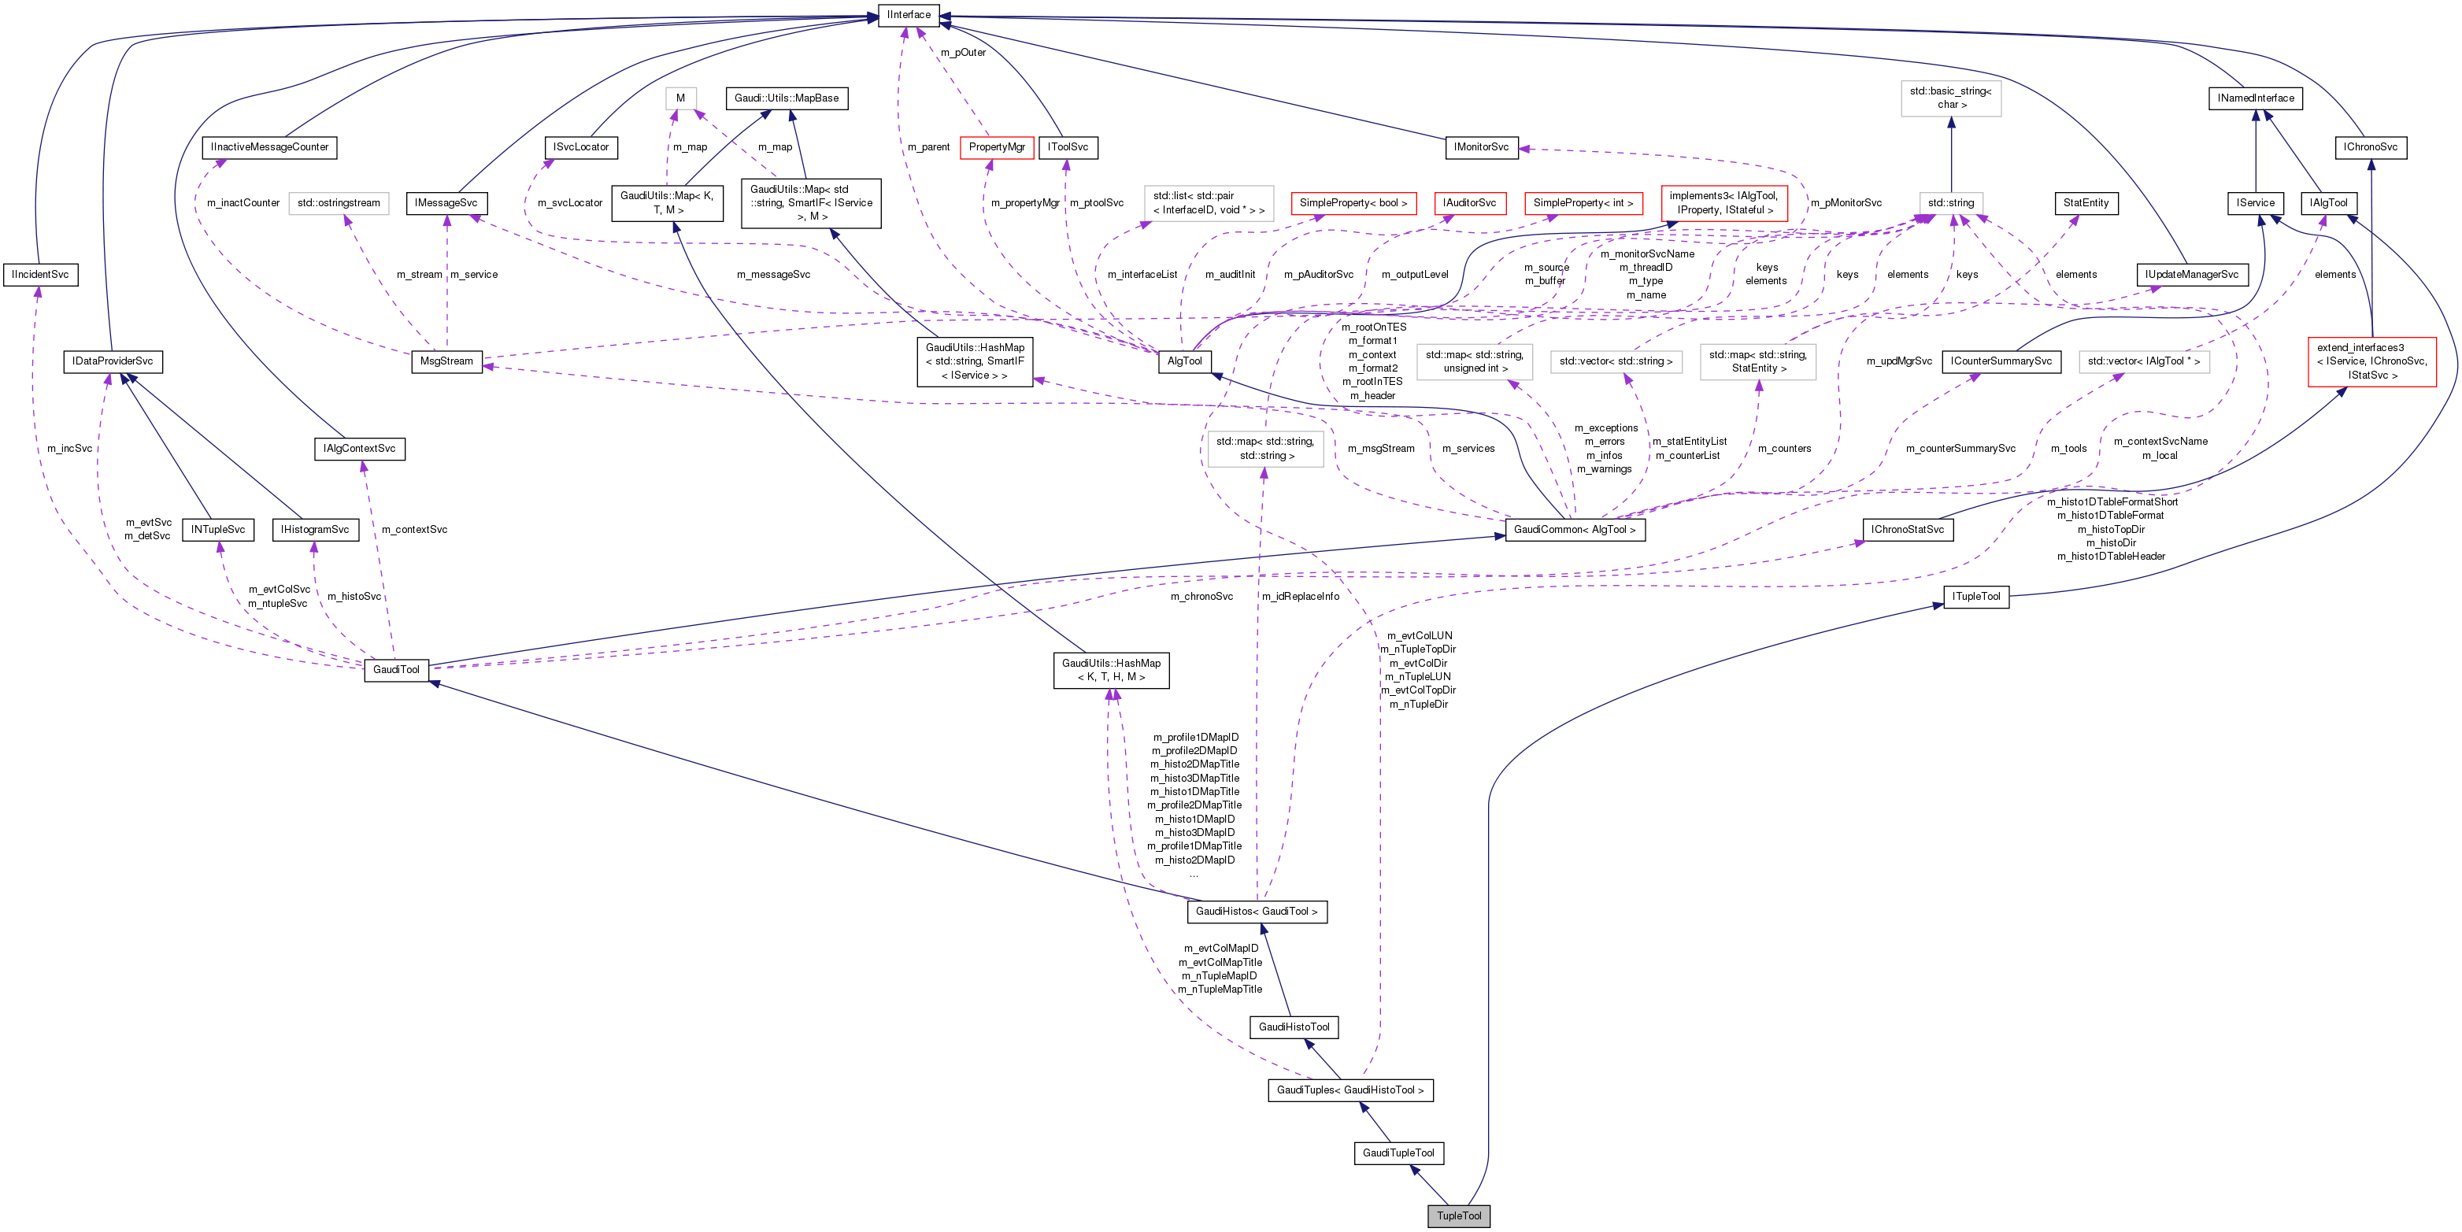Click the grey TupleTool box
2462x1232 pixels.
point(1458,1215)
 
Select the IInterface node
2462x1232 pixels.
point(908,14)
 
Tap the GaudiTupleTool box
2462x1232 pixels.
point(1398,1152)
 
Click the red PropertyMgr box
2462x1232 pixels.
point(996,147)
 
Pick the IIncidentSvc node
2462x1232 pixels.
point(40,274)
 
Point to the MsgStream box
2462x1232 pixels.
point(446,361)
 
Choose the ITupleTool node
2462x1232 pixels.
point(1975,597)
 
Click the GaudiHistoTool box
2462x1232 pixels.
point(1293,1027)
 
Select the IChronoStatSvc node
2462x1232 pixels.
point(1907,530)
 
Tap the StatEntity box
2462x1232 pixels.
point(2086,202)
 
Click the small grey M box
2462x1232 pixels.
point(680,98)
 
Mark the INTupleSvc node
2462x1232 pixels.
point(218,530)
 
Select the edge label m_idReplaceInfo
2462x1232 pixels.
point(1300,597)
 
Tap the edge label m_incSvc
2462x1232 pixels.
point(70,448)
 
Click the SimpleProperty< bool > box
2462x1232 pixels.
point(1353,202)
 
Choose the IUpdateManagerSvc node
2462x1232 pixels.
point(2190,274)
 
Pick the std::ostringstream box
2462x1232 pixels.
point(339,202)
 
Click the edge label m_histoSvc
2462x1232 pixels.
point(354,597)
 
